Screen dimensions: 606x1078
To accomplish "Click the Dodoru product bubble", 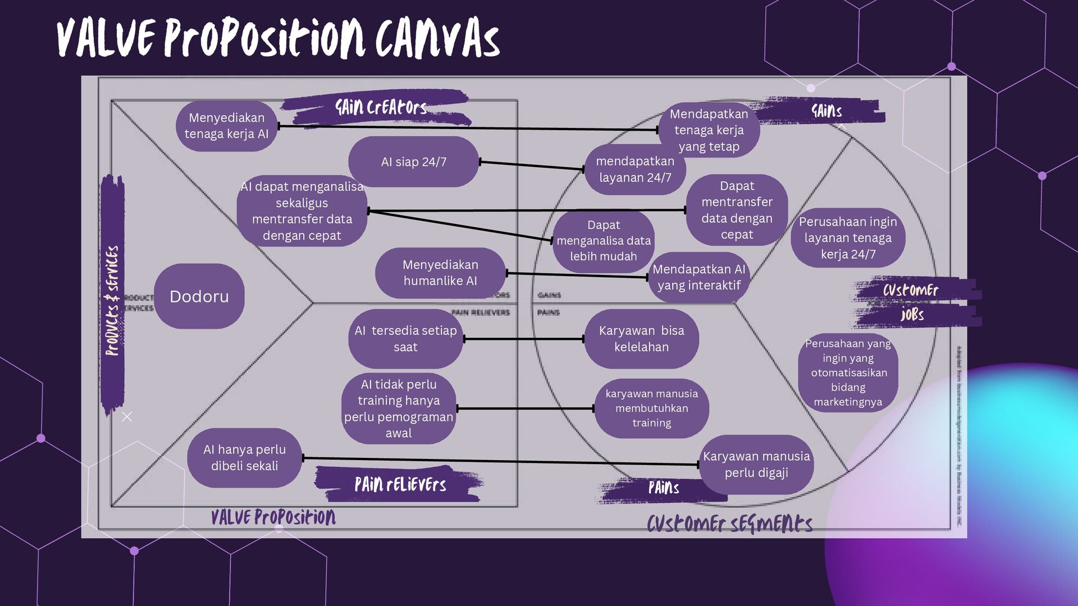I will (x=199, y=296).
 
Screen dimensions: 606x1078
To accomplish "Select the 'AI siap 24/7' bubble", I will (x=413, y=162).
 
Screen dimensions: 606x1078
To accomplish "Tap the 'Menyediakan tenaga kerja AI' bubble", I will (x=226, y=126).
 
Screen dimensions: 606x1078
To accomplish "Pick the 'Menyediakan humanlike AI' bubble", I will (x=440, y=273).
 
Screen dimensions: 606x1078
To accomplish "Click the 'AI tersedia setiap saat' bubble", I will (x=405, y=338).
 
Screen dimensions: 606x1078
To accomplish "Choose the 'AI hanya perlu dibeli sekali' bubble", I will (x=244, y=457).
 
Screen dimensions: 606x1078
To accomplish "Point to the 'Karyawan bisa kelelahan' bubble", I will (x=641, y=338).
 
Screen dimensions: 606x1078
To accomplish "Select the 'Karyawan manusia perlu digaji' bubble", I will (x=756, y=464).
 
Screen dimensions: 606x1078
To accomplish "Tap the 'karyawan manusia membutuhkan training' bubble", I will (x=651, y=408).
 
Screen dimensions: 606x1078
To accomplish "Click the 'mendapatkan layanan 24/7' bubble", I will (x=634, y=169).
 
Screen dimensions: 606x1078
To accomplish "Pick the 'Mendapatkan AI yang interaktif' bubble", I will (x=698, y=277).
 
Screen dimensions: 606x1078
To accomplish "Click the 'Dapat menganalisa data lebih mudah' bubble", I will (x=603, y=241).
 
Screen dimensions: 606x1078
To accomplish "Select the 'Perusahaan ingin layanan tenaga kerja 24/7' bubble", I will (x=848, y=238).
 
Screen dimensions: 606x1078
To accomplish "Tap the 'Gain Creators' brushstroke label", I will (x=380, y=107).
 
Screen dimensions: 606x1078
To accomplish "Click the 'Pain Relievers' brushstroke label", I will (x=400, y=484).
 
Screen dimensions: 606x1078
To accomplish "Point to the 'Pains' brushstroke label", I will (x=663, y=488).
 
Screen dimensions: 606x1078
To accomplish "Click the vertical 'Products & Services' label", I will (x=113, y=300).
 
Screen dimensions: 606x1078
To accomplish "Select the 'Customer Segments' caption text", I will (x=729, y=524).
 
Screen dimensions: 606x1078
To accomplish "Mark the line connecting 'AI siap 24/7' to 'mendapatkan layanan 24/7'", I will (x=531, y=166).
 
